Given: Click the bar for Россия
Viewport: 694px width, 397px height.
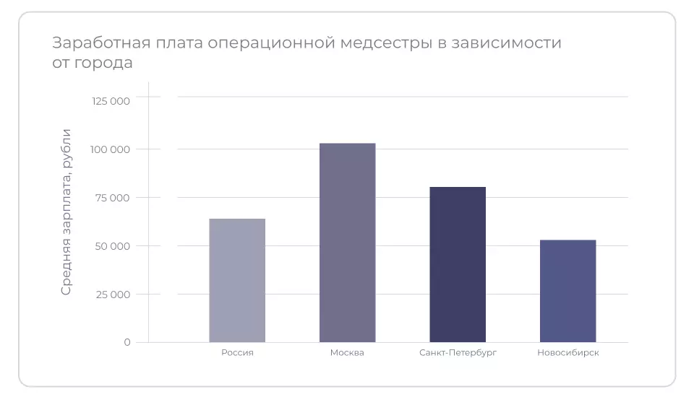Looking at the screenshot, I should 237,280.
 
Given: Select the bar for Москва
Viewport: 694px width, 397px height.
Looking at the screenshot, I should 347,243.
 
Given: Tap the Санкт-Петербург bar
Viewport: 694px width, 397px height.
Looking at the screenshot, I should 458,264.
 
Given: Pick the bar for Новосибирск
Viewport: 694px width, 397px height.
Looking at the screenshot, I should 567,291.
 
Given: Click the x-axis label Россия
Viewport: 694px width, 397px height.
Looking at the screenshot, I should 237,353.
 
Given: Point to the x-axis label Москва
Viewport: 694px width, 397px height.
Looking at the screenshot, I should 347,353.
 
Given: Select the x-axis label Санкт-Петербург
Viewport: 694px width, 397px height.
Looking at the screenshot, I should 458,353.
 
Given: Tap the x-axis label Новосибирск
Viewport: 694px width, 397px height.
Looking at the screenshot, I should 567,353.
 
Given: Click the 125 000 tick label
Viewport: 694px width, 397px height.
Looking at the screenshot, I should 111,101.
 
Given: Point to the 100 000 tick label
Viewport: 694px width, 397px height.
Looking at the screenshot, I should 111,149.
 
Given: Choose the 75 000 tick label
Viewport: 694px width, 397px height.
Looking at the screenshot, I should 113,198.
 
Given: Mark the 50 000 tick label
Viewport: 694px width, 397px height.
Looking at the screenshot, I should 112,246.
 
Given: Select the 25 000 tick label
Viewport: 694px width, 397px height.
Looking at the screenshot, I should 112,295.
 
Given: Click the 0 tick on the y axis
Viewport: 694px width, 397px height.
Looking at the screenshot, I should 127,342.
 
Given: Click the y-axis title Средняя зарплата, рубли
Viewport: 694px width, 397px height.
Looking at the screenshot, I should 66,211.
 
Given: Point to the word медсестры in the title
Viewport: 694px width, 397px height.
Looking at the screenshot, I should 385,43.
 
